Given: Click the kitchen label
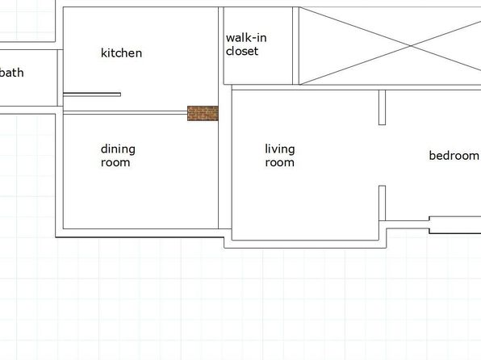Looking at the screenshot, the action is (122, 52).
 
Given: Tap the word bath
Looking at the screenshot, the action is (11, 73).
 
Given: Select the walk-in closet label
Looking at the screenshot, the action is (246, 44).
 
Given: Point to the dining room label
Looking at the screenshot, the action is (118, 156).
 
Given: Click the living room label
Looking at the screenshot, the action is (280, 156).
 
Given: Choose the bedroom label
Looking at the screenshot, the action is (454, 156).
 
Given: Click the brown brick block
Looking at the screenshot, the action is (203, 113).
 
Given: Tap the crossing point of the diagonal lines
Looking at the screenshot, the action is (411, 46).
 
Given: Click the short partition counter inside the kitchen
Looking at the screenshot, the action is (92, 94).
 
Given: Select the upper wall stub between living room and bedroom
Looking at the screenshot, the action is (383, 107).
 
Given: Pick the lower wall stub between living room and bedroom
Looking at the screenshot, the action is (383, 203).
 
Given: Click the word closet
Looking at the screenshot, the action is (242, 51).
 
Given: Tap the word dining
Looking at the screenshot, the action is (118, 149).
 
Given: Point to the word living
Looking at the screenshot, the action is (280, 149).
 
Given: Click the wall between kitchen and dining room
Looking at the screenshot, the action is (125, 113).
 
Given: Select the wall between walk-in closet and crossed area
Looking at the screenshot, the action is (295, 46).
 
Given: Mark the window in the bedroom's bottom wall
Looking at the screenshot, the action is (455, 225).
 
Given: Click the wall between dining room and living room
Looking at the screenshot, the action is (225, 157).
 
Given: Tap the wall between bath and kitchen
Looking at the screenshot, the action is (60, 78).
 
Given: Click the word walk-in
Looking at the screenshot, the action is (246, 38).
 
